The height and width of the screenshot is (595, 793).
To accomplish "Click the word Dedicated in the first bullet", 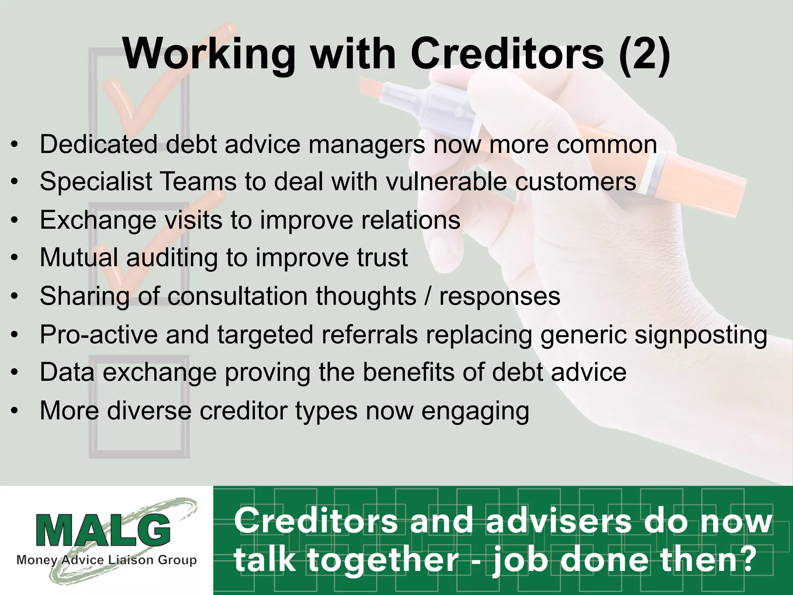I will (98, 144).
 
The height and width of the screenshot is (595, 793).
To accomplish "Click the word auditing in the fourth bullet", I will (172, 257).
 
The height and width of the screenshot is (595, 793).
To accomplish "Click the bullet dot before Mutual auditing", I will (14, 258).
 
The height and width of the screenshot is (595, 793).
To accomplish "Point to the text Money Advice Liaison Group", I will (106, 560).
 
